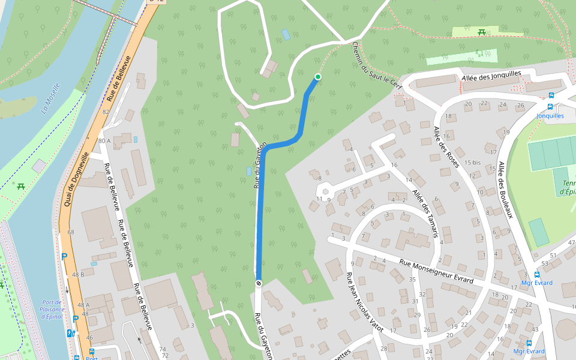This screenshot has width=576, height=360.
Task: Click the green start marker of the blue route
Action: pyautogui.click(x=317, y=76)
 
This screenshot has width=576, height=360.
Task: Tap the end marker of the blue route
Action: pyautogui.click(x=259, y=283)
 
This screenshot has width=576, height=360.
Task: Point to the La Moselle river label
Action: pyautogui.click(x=52, y=98)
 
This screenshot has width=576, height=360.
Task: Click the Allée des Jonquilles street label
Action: pyautogui.click(x=491, y=75)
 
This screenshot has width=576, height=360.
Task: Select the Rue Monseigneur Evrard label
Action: pyautogui.click(x=436, y=271)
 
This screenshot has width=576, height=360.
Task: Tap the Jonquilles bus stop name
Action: pyautogui.click(x=550, y=116)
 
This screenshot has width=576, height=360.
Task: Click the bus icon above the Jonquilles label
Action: pyautogui.click(x=551, y=95)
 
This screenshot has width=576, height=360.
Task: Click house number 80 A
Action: pyautogui.click(x=104, y=141)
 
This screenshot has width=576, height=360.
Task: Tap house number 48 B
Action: pyautogui.click(x=78, y=274)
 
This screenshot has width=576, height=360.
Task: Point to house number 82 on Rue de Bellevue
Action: pyautogui.click(x=106, y=112)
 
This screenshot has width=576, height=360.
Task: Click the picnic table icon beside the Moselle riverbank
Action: pyautogui.click(x=22, y=187)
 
